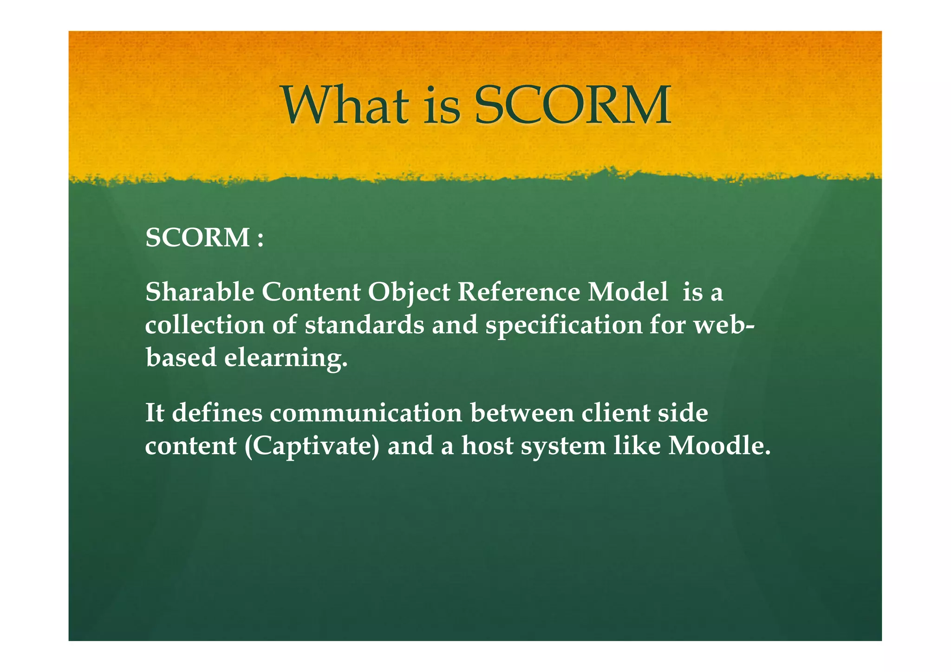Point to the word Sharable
(200, 293)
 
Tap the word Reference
(519, 293)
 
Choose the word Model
(628, 293)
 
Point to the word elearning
(286, 359)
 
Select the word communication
(366, 413)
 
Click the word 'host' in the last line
(487, 445)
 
